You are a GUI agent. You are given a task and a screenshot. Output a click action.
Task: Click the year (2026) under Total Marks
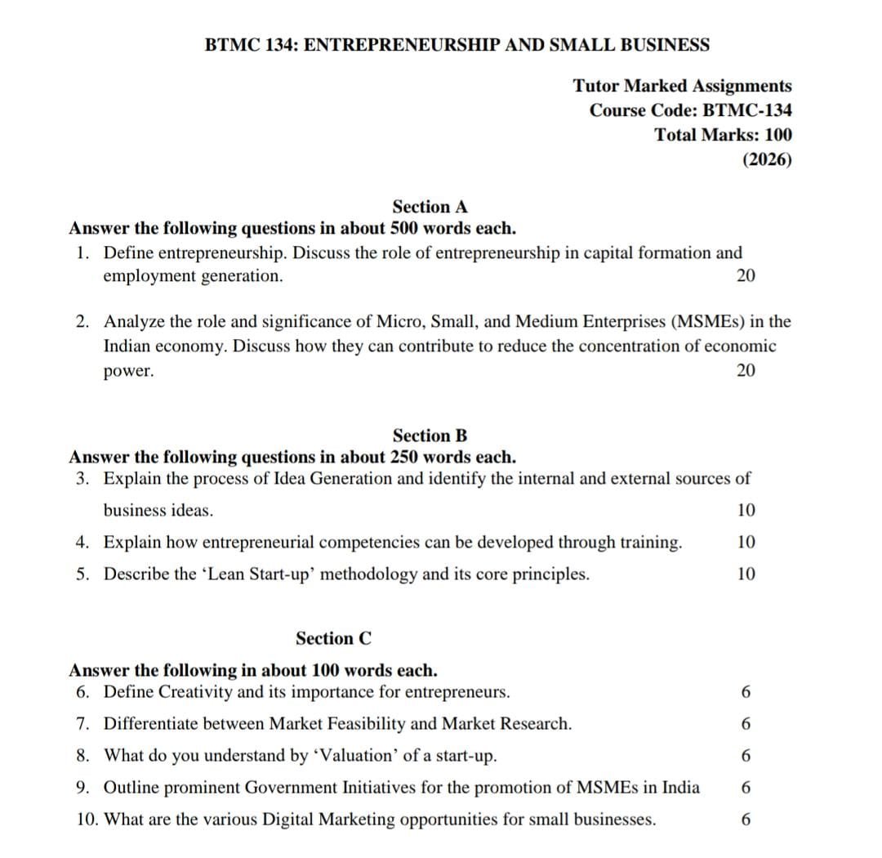click(767, 159)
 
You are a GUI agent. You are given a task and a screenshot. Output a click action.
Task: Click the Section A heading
click(430, 207)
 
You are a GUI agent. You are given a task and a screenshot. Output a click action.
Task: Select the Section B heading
click(430, 436)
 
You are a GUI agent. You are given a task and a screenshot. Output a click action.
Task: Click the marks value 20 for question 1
click(746, 275)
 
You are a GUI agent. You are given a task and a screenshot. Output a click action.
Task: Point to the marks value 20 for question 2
click(746, 370)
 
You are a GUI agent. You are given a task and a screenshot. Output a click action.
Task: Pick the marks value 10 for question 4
click(746, 542)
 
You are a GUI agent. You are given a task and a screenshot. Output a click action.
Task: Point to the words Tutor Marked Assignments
click(682, 86)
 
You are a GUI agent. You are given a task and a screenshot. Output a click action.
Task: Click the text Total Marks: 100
click(723, 135)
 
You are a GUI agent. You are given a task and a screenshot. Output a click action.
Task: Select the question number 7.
click(82, 724)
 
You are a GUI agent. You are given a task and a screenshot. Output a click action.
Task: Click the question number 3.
click(82, 478)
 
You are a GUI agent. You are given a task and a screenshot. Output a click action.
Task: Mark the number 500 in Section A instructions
click(405, 227)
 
